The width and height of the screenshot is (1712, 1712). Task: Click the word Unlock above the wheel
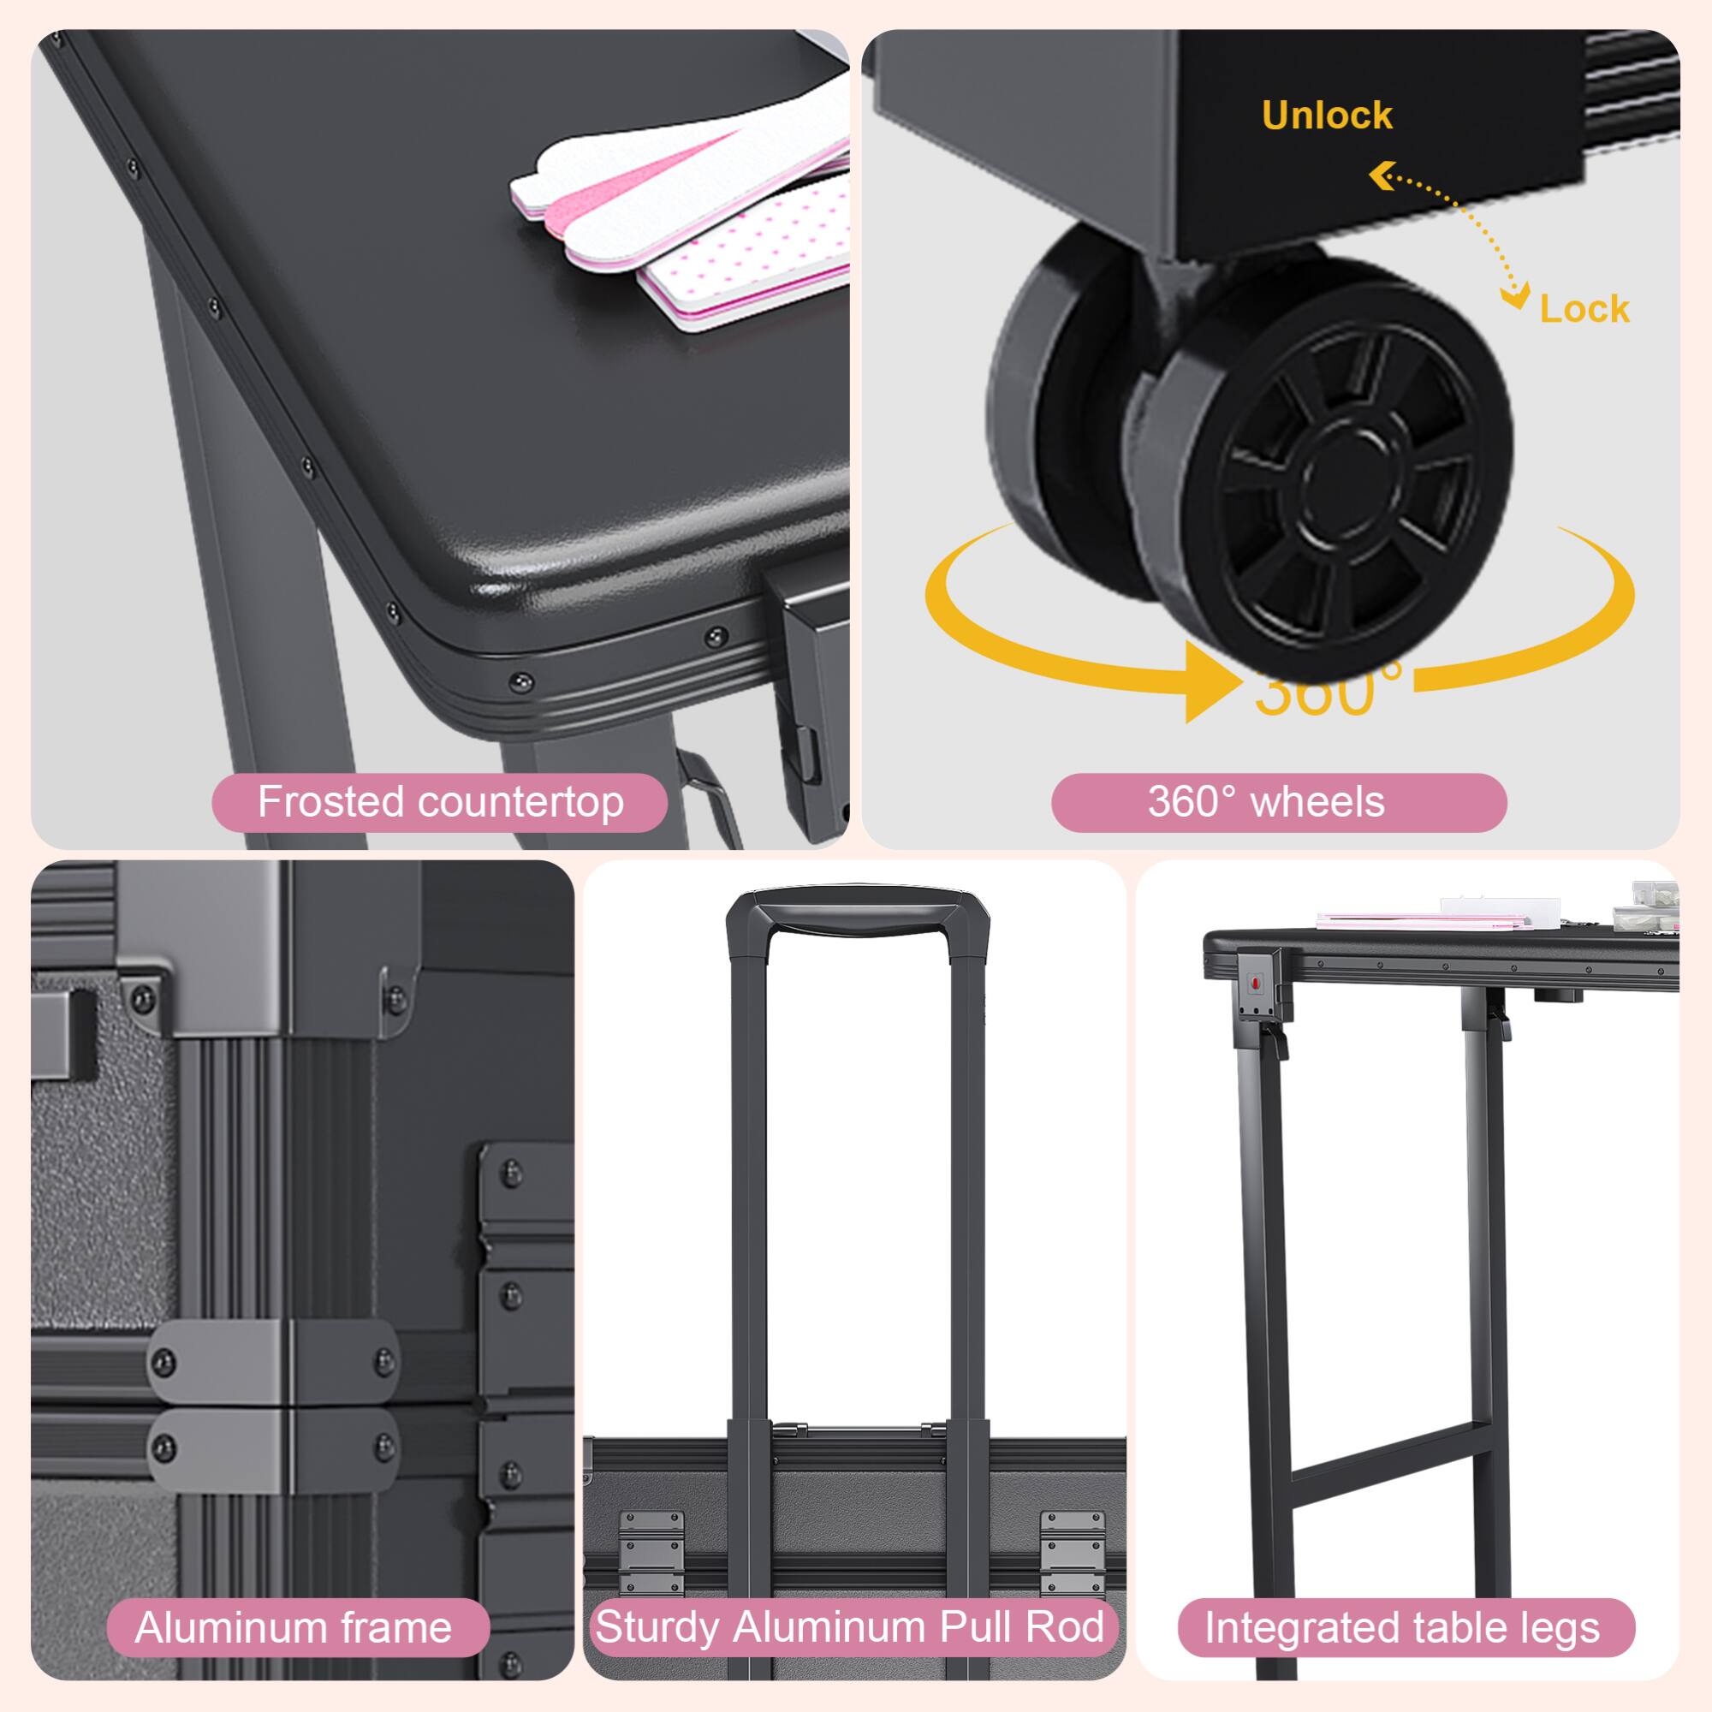1327,116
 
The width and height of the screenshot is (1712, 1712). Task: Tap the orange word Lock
1584,308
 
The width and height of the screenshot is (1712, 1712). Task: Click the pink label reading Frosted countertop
439,802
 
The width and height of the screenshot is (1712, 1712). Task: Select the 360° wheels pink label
1279,802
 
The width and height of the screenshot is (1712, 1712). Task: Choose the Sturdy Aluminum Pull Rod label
852,1627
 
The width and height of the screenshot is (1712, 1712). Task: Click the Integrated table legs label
1406,1628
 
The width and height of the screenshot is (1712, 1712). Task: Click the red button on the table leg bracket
1254,983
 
